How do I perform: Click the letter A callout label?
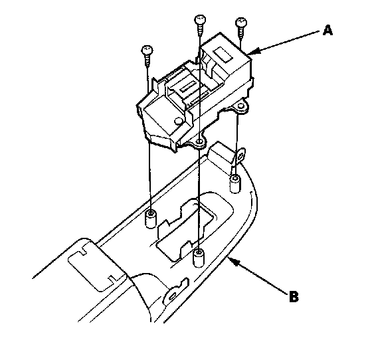point(327,31)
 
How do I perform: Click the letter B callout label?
point(294,296)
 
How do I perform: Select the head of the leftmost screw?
point(147,50)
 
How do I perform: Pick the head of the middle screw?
point(200,19)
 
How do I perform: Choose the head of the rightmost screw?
point(241,22)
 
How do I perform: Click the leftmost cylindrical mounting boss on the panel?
point(150,219)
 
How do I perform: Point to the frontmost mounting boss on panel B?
point(199,258)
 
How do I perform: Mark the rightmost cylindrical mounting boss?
point(235,183)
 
